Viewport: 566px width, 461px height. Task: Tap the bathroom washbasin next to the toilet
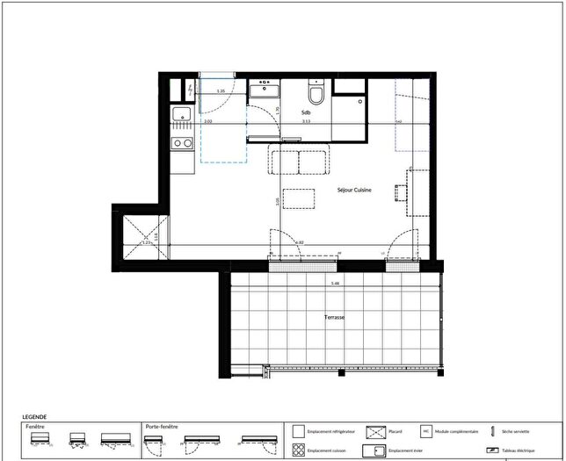point(264,90)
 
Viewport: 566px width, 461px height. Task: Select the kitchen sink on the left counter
point(182,113)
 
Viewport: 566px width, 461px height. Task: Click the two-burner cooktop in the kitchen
point(182,142)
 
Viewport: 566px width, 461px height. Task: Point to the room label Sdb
point(306,113)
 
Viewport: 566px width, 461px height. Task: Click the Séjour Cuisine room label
point(354,190)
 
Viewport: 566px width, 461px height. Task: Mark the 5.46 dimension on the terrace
point(335,284)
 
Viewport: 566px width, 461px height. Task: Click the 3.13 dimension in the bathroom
point(305,123)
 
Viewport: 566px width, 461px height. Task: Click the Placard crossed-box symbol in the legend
point(376,432)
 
